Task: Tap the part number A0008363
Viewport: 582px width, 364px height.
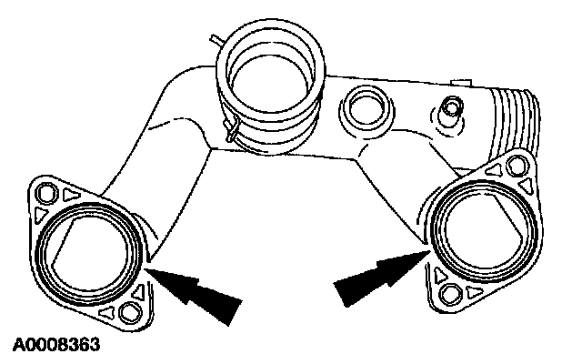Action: (55, 346)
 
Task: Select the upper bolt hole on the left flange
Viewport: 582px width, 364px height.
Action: (45, 193)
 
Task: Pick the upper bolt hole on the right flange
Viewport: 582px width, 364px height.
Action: (519, 166)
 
